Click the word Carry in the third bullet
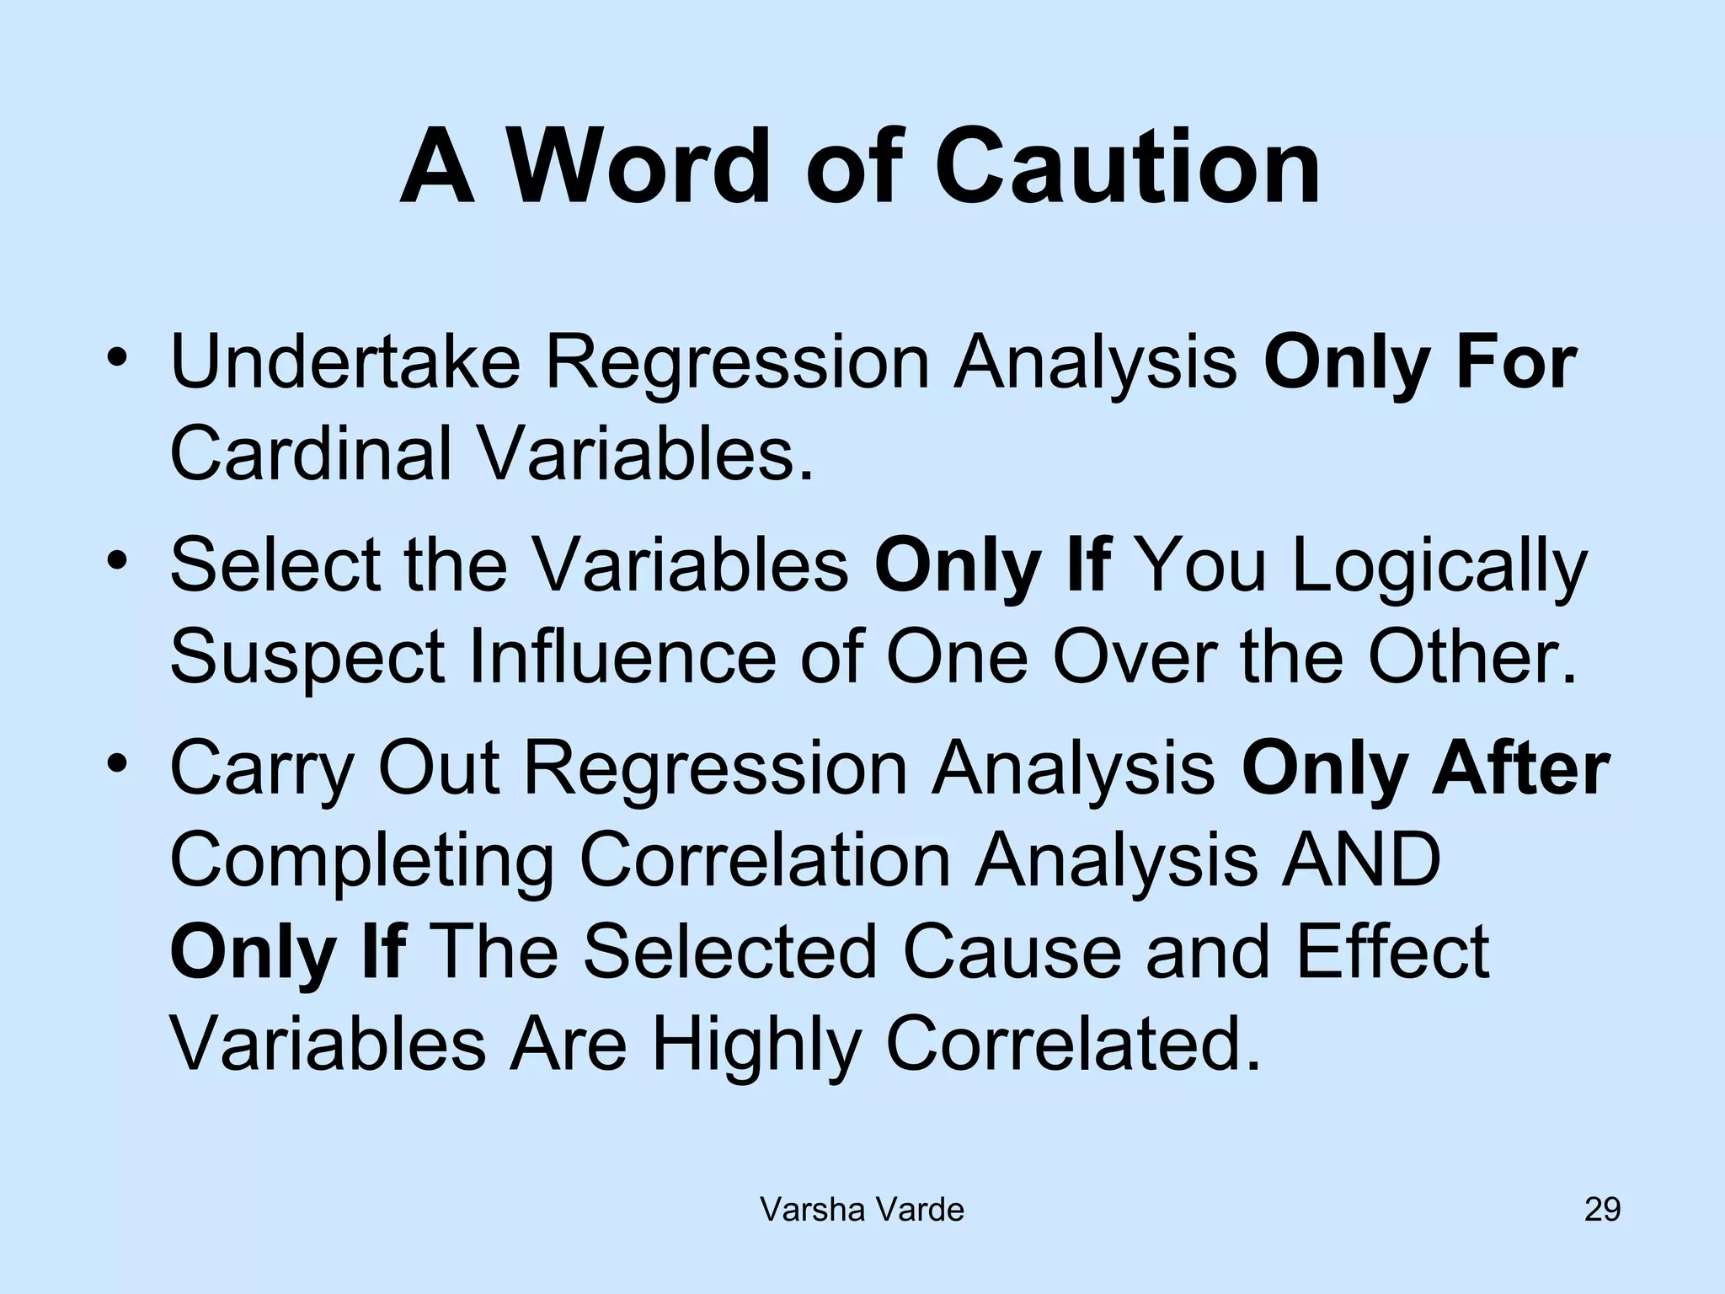click(261, 770)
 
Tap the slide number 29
click(1602, 1209)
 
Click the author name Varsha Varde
click(862, 1210)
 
